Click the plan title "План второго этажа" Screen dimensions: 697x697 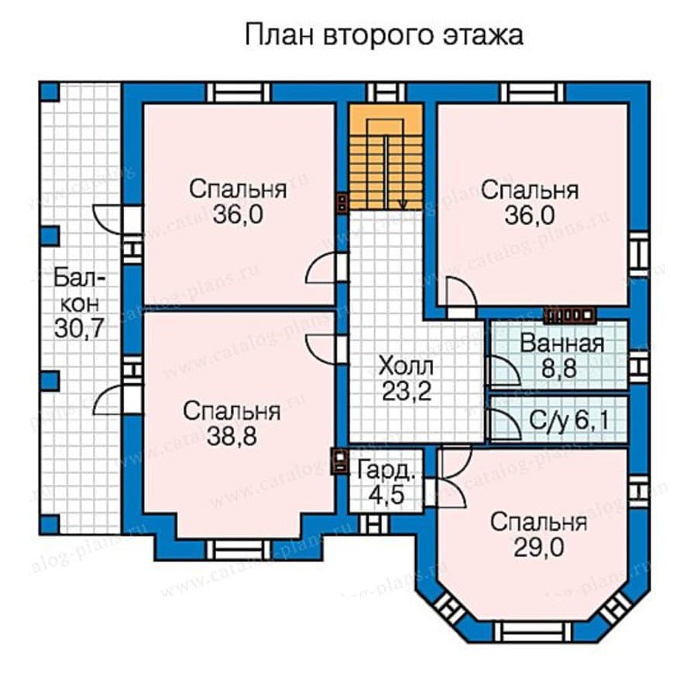tap(384, 36)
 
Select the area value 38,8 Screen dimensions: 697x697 tap(232, 438)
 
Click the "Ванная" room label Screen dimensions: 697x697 tap(561, 343)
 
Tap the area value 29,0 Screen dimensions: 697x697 tap(537, 548)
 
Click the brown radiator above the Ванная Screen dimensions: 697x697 tap(570, 314)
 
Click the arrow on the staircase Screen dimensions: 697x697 tap(403, 203)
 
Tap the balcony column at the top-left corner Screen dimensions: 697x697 tap(49, 91)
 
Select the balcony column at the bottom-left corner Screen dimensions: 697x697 tap(49, 524)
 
